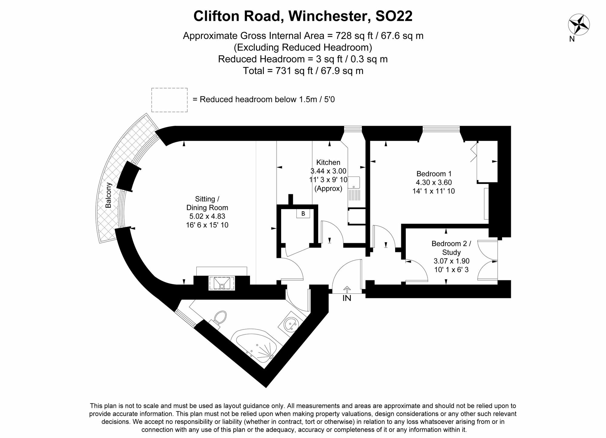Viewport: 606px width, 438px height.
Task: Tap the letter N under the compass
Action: pos(572,39)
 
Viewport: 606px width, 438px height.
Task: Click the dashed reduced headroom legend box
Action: pos(169,100)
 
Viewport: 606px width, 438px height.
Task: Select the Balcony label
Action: pos(108,195)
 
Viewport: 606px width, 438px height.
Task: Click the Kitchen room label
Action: pos(328,162)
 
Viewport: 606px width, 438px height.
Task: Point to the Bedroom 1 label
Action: pos(434,174)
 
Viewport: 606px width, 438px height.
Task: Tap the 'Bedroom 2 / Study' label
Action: pos(451,248)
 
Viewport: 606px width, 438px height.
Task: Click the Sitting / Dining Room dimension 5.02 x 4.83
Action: pos(207,216)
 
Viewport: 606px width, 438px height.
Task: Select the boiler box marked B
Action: pos(303,214)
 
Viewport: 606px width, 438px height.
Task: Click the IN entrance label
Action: pos(347,298)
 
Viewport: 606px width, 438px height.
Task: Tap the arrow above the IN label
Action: pos(347,289)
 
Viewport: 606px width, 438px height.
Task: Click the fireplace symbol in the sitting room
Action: pos(221,283)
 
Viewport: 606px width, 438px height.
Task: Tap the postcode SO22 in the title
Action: pos(394,16)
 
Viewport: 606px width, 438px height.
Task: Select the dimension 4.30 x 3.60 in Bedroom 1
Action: pos(434,182)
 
